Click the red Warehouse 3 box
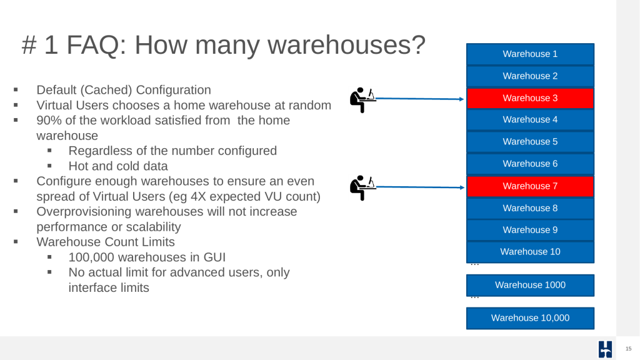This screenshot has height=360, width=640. click(x=530, y=98)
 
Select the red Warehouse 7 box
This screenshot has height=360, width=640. click(x=530, y=186)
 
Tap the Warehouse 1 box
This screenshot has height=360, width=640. click(x=530, y=54)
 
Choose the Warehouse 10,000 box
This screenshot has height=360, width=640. click(x=530, y=318)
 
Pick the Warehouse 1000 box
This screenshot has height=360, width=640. click(x=530, y=285)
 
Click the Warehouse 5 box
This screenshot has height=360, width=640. click(x=530, y=142)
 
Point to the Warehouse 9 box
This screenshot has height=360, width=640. click(x=530, y=230)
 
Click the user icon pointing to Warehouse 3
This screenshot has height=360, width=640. click(x=362, y=100)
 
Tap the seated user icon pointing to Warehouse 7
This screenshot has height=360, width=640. click(x=362, y=187)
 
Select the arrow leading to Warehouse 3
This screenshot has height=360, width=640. click(x=419, y=99)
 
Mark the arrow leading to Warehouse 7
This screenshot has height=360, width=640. click(x=420, y=187)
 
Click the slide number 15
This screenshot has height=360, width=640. click(x=629, y=349)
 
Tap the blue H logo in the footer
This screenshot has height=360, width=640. click(x=605, y=349)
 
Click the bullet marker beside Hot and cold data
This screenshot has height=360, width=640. click(x=49, y=166)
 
